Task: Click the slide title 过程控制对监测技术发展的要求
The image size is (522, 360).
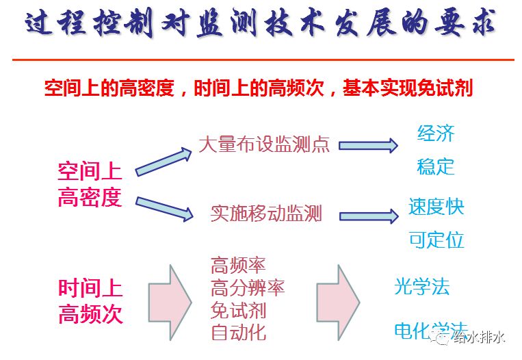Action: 260,25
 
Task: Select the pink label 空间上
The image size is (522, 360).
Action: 90,172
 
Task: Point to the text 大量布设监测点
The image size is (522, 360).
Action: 264,144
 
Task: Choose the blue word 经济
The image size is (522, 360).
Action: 436,133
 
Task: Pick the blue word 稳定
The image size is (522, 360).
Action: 436,166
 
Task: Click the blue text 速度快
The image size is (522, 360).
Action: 436,207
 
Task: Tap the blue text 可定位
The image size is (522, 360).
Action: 436,240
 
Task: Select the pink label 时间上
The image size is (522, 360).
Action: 90,288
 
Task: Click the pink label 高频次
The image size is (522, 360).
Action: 90,314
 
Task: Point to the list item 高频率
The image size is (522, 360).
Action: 238,265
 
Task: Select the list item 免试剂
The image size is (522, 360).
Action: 238,310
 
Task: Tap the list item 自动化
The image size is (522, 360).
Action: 238,333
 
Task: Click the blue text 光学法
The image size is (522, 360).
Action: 421,287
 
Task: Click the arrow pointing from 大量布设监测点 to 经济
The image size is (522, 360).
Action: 368,145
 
